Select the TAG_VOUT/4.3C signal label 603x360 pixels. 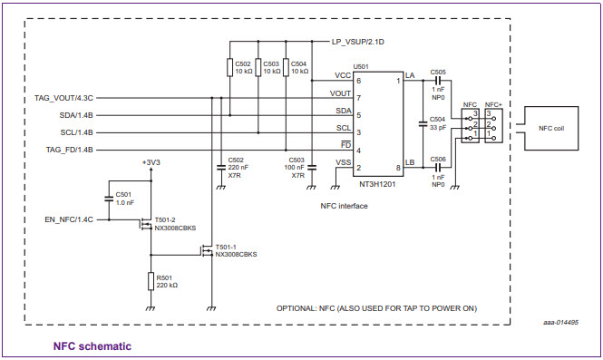pos(63,97)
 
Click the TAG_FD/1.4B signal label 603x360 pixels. pos(70,150)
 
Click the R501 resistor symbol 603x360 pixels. pos(151,281)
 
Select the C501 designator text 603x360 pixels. pos(123,194)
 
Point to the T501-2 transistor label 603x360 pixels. pos(166,220)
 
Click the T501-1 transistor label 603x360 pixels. pos(226,247)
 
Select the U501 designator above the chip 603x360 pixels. pos(360,67)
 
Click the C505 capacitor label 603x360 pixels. pos(438,72)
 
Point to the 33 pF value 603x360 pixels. pos(437,127)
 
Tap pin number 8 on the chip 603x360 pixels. pos(397,169)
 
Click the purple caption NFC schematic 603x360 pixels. pos(92,345)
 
